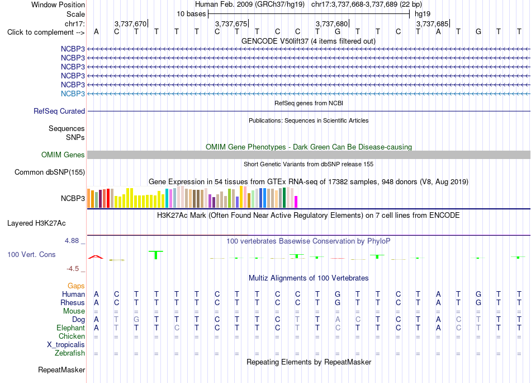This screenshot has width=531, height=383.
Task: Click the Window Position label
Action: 58,4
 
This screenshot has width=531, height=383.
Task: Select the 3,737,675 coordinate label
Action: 231,24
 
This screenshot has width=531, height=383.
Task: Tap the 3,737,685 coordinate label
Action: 433,24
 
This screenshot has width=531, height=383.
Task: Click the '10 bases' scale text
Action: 191,14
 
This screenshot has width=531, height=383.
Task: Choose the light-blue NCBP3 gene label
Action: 73,94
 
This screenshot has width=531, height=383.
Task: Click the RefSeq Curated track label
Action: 59,111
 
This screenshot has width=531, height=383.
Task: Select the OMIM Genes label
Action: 63,155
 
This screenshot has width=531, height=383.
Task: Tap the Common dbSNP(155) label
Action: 50,172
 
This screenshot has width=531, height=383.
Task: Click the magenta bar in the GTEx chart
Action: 296,202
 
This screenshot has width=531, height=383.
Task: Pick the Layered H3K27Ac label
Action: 36,223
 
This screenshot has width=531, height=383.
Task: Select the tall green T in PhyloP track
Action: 156,255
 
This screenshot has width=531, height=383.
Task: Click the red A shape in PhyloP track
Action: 96,257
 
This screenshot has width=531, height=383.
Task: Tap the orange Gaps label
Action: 76,286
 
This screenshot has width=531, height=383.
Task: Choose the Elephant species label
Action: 70,328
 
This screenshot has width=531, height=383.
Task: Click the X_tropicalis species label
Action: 66,345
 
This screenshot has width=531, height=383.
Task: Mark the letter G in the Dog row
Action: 136,320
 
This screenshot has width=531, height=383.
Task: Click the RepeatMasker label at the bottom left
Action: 61,370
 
